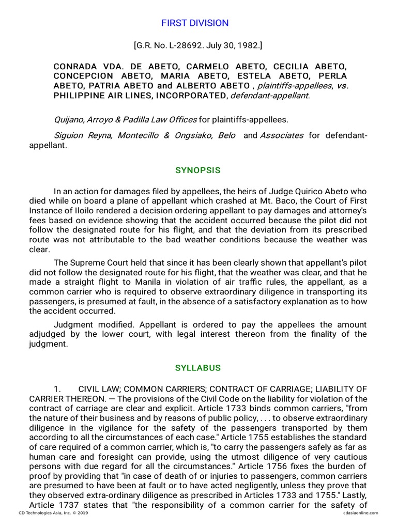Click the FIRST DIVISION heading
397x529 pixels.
tap(194, 23)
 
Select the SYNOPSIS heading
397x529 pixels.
tap(198, 170)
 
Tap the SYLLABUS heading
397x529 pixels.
tap(198, 368)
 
